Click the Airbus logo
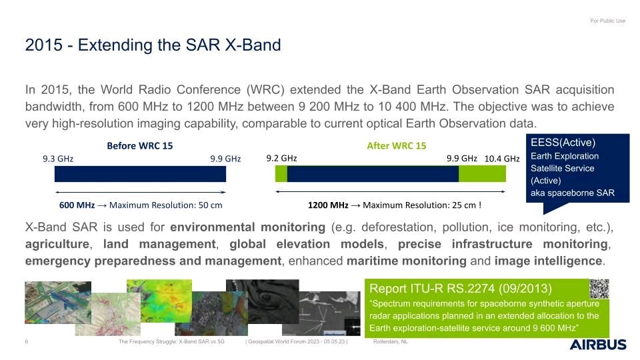pos(598,345)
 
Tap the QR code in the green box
pos(599,289)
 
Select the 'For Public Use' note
pos(608,21)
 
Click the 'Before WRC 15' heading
pos(139,146)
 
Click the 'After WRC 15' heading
pos(396,146)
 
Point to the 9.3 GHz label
pos(58,159)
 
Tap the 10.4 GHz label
pos(502,159)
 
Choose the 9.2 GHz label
pos(281,159)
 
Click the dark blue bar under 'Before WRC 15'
pos(141,174)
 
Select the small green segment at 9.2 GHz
pos(281,174)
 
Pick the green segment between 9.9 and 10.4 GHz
pos(482,174)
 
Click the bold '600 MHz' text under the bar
pos(77,205)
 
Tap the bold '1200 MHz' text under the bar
pos(328,205)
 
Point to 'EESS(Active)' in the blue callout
pos(563,143)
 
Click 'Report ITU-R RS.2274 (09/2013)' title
pos(461,289)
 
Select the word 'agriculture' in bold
pos(57,244)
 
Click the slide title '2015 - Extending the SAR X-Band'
pos(153,45)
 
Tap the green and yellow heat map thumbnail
pos(159,301)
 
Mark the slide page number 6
pos(27,341)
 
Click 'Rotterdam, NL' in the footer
pos(390,341)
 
